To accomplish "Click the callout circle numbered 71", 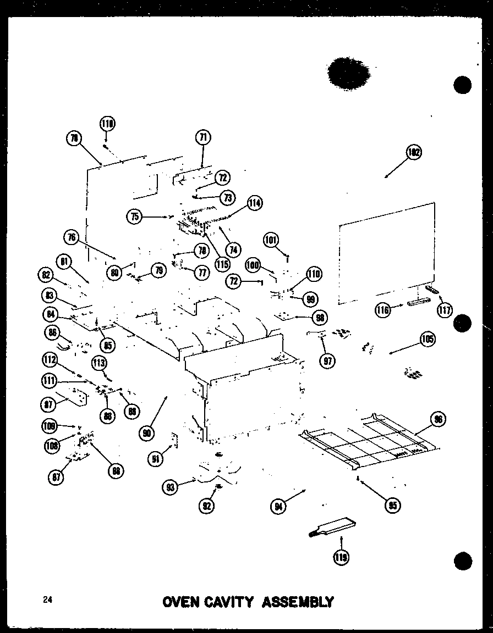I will [203, 137].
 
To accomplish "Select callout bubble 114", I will [254, 203].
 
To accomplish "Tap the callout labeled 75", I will [134, 216].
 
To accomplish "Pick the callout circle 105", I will [426, 339].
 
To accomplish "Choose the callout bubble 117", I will [445, 310].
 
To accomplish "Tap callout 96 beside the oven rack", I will [438, 420].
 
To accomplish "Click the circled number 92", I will [206, 506].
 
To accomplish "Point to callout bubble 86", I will [53, 333].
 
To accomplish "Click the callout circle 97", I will [330, 360].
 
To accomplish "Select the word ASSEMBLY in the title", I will [297, 602].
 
